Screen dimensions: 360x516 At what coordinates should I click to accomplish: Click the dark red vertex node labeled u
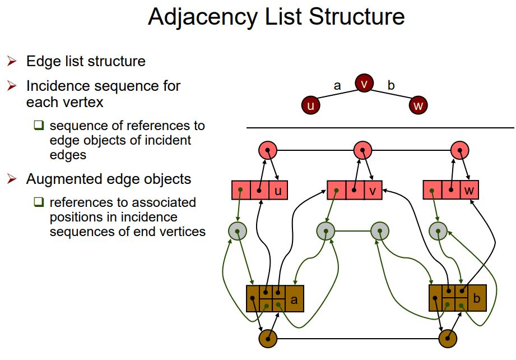[311, 105]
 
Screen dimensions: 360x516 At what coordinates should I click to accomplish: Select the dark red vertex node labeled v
[364, 85]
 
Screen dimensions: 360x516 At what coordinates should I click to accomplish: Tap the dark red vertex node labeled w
[418, 105]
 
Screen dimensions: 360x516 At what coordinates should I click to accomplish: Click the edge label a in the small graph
[337, 85]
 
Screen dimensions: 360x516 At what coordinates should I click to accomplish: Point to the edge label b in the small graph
[391, 85]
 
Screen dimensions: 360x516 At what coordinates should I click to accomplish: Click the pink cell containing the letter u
[278, 190]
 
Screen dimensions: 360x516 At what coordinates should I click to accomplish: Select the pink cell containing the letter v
[373, 190]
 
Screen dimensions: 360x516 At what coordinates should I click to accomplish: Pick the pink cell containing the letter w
[469, 190]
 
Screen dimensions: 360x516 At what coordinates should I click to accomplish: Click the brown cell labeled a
[294, 299]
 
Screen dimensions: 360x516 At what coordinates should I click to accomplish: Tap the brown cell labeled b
[476, 299]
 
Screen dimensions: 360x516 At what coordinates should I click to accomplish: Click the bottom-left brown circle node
[268, 339]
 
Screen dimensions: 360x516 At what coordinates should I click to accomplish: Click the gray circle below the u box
[238, 230]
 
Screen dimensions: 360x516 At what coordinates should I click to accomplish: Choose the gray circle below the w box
[438, 230]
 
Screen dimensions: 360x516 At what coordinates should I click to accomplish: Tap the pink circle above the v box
[363, 150]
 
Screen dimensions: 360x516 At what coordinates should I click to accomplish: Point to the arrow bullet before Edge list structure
[12, 61]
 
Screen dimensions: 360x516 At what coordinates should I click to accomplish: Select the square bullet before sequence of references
[39, 125]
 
